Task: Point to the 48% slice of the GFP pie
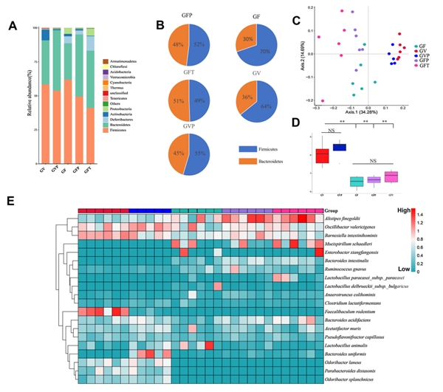point(177,44)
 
